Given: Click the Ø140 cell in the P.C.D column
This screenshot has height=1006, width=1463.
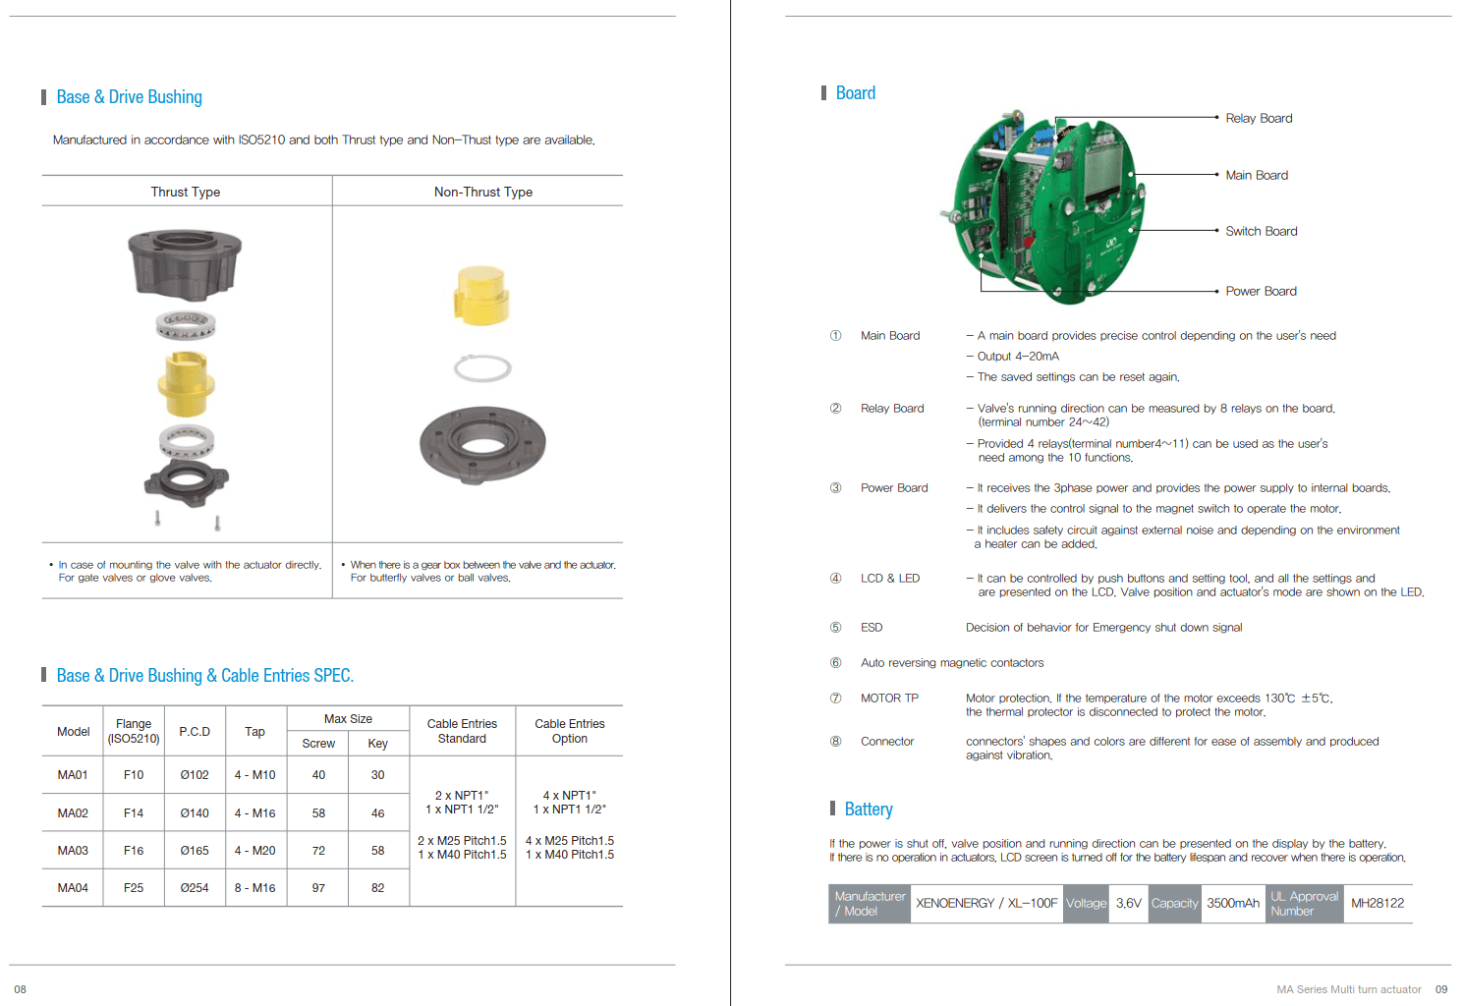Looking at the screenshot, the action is (x=195, y=812).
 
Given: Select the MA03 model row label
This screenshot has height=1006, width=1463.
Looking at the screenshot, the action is (x=73, y=850).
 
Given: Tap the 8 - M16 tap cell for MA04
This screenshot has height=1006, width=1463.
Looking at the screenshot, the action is (x=254, y=888).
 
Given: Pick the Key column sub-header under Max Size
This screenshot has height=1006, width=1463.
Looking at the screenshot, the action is (x=377, y=744).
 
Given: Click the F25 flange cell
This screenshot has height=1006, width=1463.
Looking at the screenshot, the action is (x=134, y=888).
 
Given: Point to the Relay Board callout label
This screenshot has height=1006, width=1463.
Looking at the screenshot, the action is (x=1259, y=118).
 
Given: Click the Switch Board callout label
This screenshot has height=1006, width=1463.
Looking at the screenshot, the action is (x=1262, y=231).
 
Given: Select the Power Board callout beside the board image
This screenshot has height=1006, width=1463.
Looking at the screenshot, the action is (x=1261, y=292).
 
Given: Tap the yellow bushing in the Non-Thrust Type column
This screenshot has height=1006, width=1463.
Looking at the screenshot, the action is (x=481, y=296).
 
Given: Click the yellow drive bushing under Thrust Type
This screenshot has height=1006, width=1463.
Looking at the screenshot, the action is (x=186, y=383).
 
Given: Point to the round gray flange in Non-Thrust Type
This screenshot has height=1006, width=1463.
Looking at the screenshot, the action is (x=482, y=445).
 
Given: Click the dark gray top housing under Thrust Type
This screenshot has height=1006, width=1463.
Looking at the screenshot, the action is (x=185, y=264).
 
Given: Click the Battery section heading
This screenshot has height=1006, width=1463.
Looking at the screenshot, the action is (x=868, y=809).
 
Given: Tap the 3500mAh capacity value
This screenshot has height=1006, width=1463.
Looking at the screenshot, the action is (x=1232, y=904).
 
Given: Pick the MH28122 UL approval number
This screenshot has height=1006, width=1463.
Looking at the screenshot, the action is (x=1377, y=904).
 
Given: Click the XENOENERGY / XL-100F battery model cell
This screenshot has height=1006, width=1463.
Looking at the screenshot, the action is (x=986, y=904).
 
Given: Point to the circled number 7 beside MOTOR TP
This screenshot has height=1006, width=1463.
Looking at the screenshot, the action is (x=835, y=698).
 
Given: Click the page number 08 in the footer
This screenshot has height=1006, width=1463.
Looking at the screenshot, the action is (x=21, y=989).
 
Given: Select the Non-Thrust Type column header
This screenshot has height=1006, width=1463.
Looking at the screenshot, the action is (x=483, y=192).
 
